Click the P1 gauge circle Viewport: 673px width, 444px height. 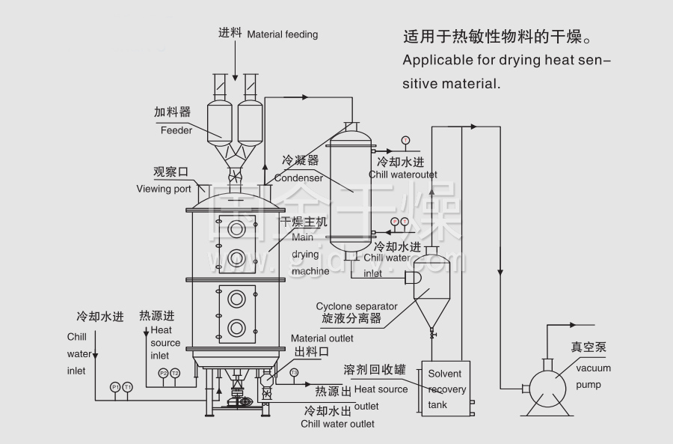(x=114, y=387)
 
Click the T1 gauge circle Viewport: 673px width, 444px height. (x=128, y=387)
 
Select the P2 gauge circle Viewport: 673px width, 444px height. (x=163, y=373)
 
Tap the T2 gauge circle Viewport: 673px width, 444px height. (x=175, y=373)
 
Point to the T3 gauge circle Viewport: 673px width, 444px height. (x=294, y=372)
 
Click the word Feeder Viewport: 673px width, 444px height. (x=176, y=130)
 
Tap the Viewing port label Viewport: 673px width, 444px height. (x=164, y=189)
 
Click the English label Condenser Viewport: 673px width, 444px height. (x=299, y=178)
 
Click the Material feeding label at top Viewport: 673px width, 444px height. (x=282, y=34)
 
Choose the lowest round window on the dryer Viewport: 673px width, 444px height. (x=237, y=326)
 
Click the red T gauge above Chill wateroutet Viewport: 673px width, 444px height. (x=405, y=140)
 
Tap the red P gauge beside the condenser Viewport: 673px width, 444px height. (x=395, y=222)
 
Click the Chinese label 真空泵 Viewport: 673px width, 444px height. (x=589, y=347)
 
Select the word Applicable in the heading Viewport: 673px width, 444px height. (x=432, y=59)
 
